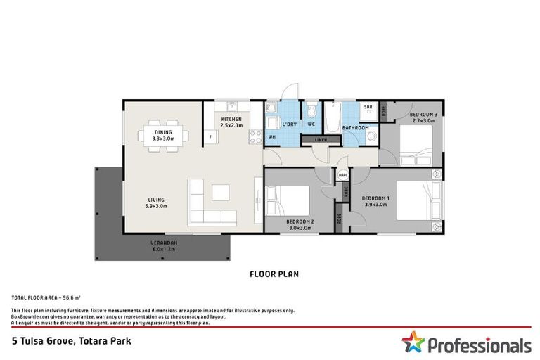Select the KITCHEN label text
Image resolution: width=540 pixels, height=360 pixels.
[x=231, y=120]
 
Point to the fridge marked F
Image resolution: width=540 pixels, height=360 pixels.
[x=209, y=135]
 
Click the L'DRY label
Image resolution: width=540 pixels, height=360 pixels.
[x=289, y=124]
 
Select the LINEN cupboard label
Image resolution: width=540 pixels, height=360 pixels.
[x=321, y=140]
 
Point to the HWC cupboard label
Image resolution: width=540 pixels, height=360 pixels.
[x=343, y=175]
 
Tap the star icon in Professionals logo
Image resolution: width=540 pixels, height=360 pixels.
[x=413, y=343]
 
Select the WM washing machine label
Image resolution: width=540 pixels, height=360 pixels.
[x=271, y=136]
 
